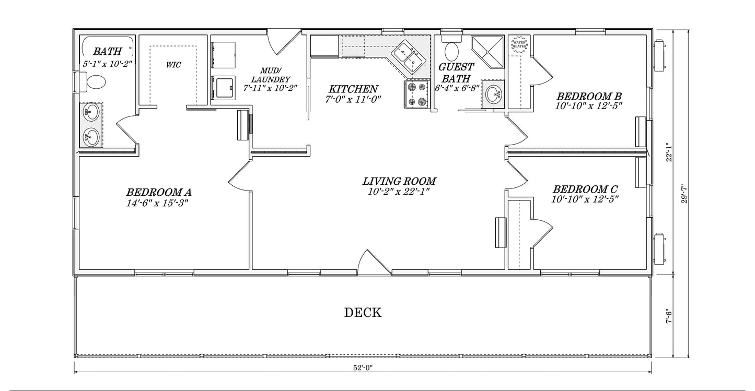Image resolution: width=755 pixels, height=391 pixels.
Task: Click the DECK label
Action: (363, 313)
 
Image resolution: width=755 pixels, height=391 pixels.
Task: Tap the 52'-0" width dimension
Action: (363, 368)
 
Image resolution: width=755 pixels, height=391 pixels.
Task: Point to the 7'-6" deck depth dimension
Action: (669, 316)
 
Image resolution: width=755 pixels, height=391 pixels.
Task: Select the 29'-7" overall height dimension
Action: (684, 193)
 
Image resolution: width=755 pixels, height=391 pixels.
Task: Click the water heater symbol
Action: (519, 44)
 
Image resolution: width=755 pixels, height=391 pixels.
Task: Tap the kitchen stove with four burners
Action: (416, 94)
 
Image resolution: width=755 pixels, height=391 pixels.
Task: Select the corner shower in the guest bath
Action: (487, 52)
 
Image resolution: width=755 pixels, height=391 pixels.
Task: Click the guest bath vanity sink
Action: (494, 94)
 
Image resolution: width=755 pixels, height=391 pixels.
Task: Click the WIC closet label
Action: (173, 65)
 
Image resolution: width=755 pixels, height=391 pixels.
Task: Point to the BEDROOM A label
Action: (159, 192)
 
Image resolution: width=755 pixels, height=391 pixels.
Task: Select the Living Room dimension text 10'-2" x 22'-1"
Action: (399, 192)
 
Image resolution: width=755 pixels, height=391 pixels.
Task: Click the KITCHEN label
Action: (353, 89)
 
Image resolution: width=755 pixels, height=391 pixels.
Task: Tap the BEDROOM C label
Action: (585, 189)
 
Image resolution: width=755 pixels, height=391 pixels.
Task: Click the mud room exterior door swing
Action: (284, 42)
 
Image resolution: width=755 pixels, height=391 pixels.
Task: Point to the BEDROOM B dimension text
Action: (588, 106)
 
